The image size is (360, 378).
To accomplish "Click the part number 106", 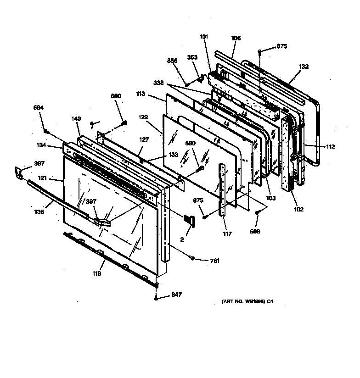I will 236,39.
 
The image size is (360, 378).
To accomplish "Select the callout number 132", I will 304,67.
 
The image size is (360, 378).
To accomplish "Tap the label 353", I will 192,57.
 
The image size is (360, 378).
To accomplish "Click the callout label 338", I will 159,83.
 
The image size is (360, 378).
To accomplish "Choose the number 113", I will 140,94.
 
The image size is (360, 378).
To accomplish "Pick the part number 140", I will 76,118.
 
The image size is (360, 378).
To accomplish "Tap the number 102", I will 299,210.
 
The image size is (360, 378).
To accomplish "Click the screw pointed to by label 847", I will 157,298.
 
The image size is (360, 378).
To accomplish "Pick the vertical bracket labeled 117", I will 224,188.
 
